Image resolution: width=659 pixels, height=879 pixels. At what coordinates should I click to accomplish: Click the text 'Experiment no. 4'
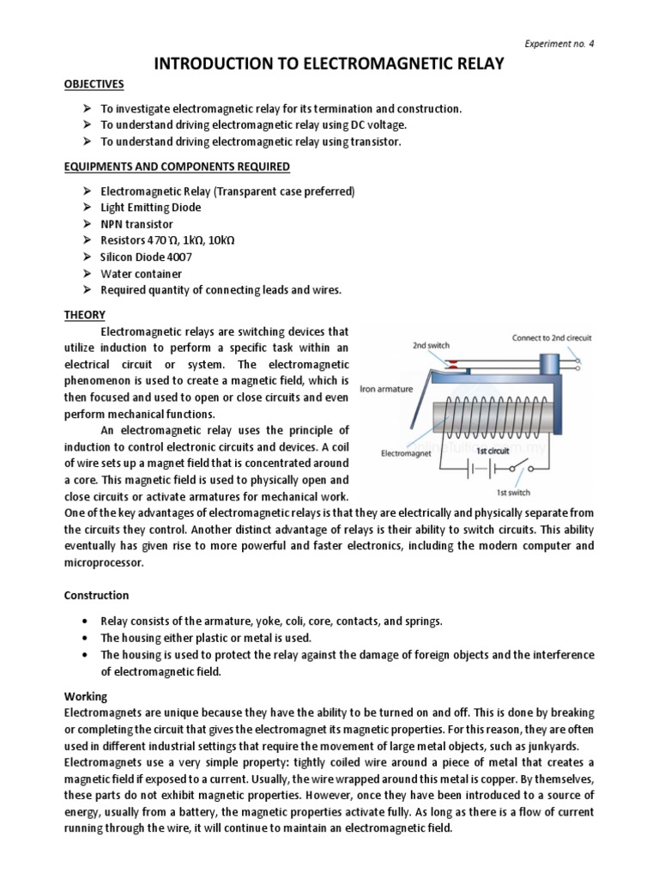559,44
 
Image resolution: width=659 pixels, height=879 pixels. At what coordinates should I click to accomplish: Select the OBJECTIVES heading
94,84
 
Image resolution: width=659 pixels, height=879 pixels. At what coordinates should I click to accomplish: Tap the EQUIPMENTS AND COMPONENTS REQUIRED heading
177,167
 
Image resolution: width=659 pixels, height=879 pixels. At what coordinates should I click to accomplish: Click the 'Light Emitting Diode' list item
151,207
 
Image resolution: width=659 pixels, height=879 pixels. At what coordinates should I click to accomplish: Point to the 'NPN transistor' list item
136,224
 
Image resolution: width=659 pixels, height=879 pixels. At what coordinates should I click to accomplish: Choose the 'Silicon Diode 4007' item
148,258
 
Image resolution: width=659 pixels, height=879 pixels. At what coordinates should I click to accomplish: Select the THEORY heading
85,315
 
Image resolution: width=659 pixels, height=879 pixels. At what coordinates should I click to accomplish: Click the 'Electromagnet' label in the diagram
408,452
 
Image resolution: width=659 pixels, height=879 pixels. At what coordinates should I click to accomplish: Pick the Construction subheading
97,595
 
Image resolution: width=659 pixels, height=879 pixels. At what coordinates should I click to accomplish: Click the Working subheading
86,697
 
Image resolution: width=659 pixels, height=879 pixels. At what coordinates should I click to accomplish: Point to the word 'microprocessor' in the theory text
105,564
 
